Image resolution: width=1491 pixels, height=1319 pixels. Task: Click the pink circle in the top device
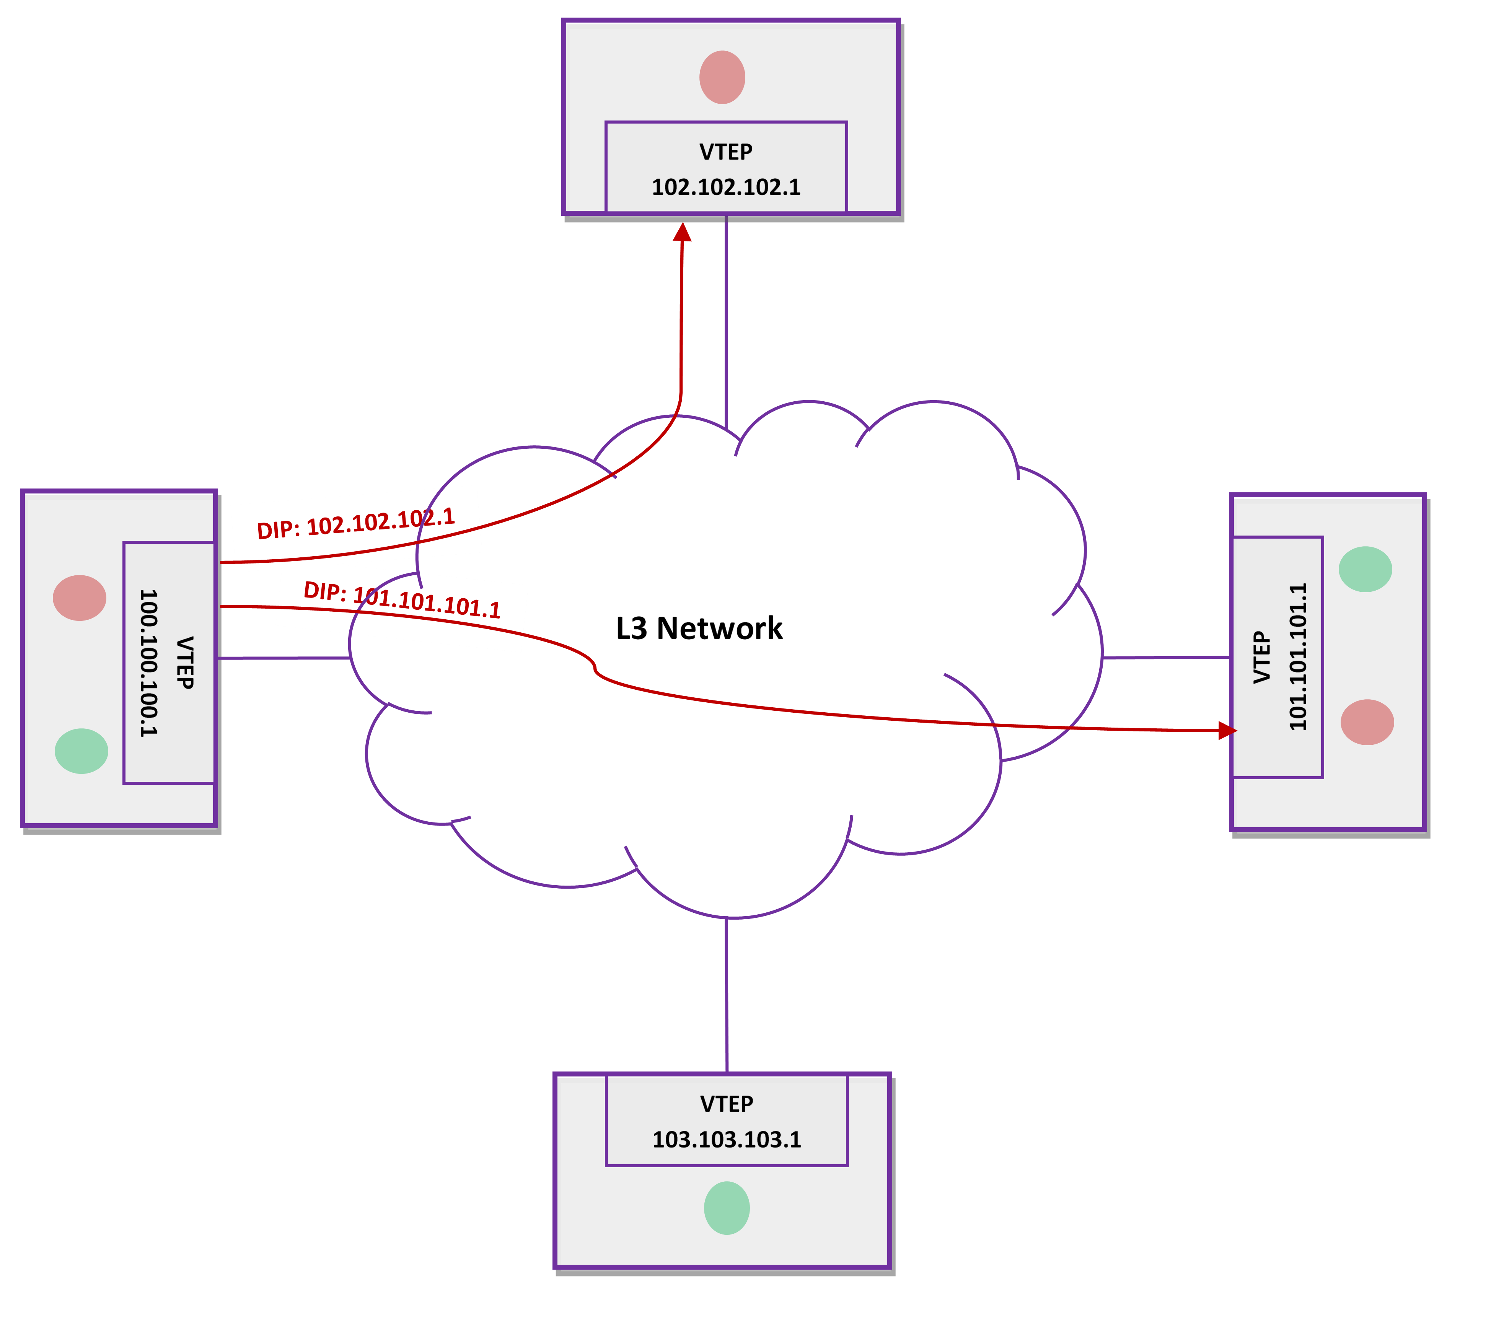tap(722, 77)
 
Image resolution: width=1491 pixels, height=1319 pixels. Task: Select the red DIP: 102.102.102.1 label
tap(356, 523)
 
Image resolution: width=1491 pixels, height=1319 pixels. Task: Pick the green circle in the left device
tap(82, 751)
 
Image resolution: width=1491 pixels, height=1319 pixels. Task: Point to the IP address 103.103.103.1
tap(727, 1140)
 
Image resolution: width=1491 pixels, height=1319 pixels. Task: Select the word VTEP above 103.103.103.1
tap(727, 1104)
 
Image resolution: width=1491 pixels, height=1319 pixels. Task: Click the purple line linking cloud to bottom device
tap(727, 996)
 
